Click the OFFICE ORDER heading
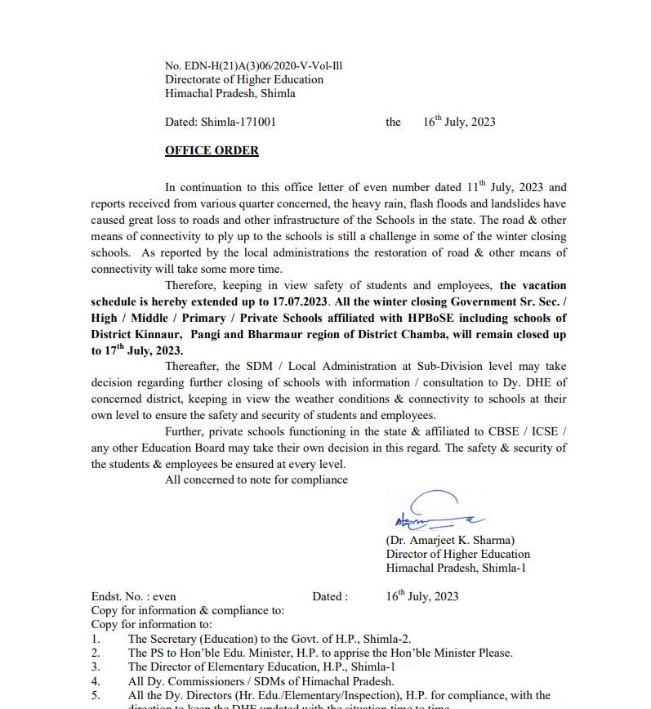pyautogui.click(x=212, y=150)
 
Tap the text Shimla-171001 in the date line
pyautogui.click(x=239, y=122)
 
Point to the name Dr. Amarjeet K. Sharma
pyautogui.click(x=450, y=540)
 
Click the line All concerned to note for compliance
pyautogui.click(x=256, y=479)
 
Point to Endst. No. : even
pyautogui.click(x=133, y=596)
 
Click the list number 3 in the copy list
pyautogui.click(x=96, y=667)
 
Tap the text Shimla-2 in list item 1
pyautogui.click(x=388, y=639)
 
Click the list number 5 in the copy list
pyautogui.click(x=96, y=695)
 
